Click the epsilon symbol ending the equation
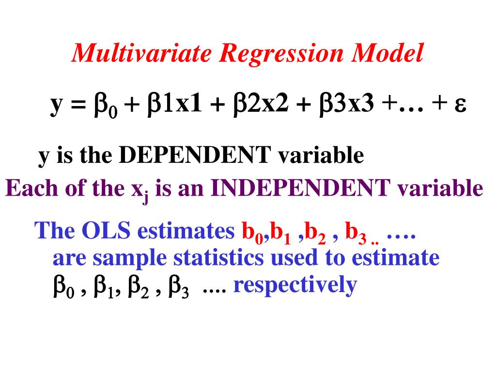click(460, 105)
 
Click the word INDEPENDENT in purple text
click(300, 188)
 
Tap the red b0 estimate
click(251, 233)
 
